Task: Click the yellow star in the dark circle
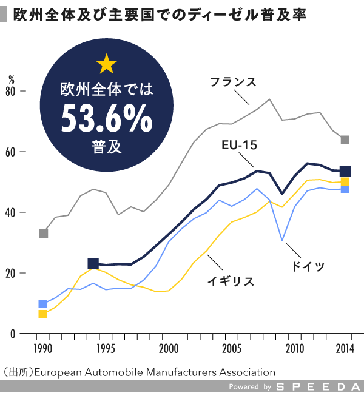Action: pos(107,62)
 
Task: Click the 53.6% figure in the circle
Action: pos(107,118)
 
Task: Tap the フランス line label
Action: pos(234,81)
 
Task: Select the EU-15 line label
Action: pos(240,146)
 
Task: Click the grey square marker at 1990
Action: pos(43,234)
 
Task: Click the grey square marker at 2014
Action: pos(345,140)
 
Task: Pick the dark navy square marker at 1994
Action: pos(93,263)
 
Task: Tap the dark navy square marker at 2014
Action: pos(345,171)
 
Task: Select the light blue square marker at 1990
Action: pos(43,304)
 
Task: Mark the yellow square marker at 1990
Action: pos(43,314)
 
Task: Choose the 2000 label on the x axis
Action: pos(169,348)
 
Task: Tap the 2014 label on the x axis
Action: pos(345,348)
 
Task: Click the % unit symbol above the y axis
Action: pos(12,79)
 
